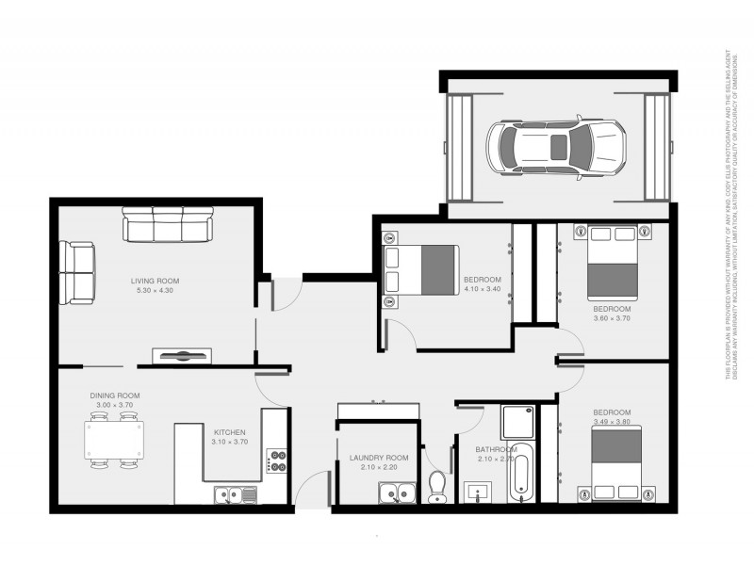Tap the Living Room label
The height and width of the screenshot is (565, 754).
155,281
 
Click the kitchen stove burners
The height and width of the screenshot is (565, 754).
278,460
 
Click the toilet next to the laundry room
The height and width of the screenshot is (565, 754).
436,486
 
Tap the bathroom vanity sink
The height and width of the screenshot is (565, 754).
478,492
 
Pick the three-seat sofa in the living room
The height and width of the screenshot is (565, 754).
168,227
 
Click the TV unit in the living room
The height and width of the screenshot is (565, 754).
182,355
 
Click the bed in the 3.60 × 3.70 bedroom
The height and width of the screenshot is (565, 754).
614,262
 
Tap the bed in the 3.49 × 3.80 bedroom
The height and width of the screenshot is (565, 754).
615,461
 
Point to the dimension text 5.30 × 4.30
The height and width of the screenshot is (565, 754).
155,290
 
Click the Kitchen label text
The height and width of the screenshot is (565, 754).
230,433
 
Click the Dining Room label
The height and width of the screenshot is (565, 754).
115,395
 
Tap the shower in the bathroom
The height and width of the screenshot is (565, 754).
517,424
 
